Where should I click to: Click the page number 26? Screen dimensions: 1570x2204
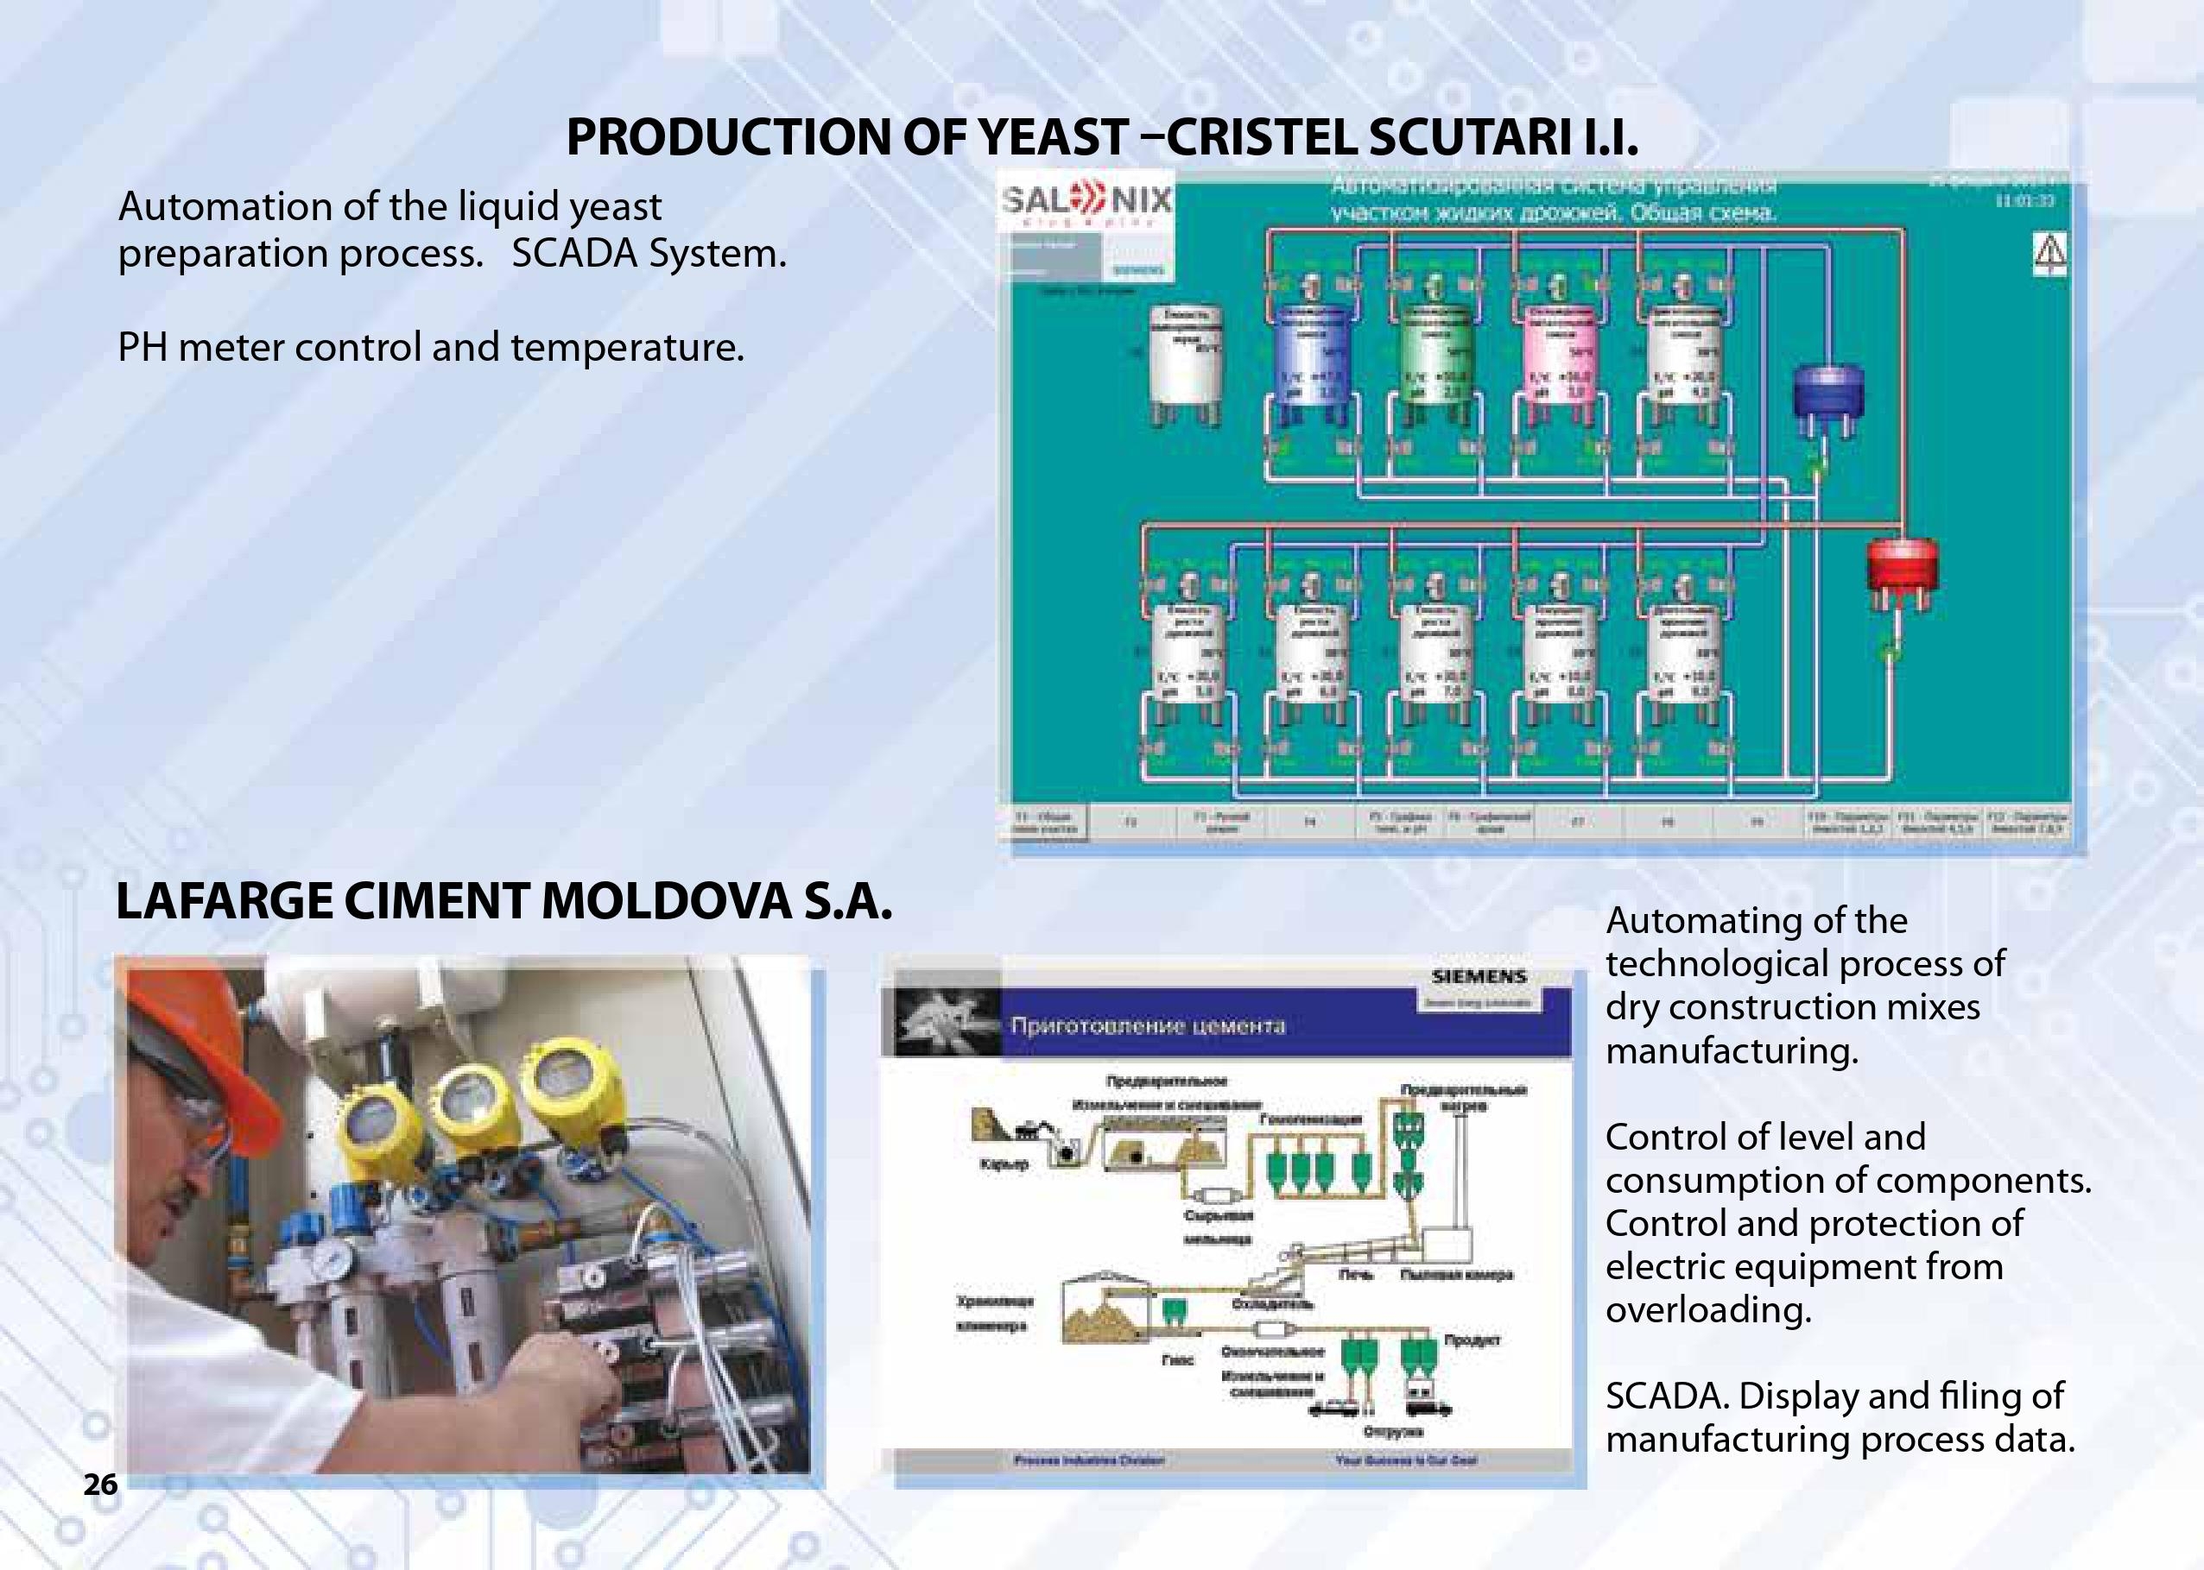pyautogui.click(x=99, y=1484)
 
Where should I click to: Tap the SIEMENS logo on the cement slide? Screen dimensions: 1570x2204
pyautogui.click(x=1479, y=976)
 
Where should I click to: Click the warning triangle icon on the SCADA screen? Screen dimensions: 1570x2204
pyautogui.click(x=2050, y=253)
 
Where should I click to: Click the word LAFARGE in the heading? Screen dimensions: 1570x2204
pyautogui.click(x=225, y=902)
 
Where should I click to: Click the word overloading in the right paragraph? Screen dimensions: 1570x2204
pyautogui.click(x=1708, y=1310)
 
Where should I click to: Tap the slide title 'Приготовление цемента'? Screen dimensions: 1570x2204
pyautogui.click(x=1147, y=1025)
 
